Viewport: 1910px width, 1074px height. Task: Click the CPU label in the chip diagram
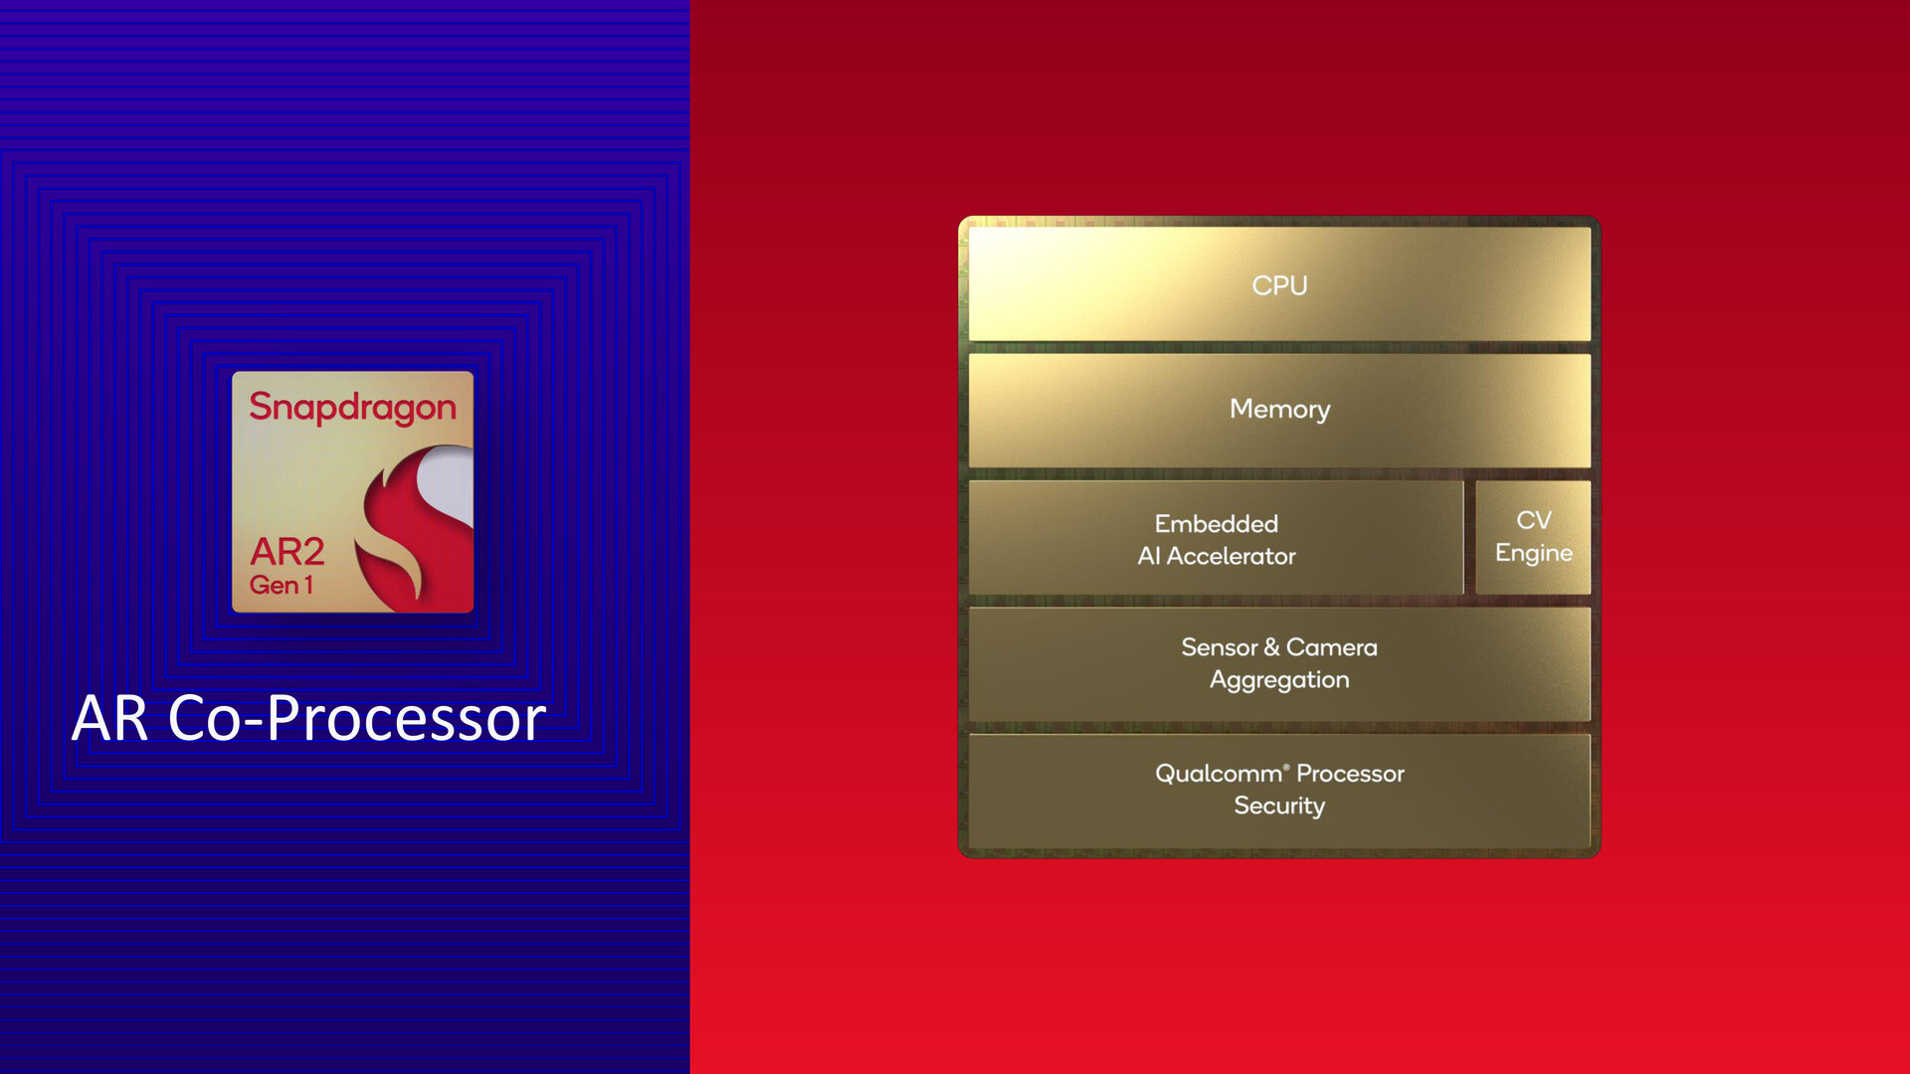[1279, 285]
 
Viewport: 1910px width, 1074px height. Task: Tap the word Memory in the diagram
[1279, 409]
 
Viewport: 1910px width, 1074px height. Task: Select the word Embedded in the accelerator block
[1216, 523]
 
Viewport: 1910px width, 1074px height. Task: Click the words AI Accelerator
[1217, 556]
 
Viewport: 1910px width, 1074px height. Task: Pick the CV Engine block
[1533, 537]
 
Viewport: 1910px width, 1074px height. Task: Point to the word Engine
[1534, 553]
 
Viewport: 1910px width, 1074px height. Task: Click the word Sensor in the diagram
[1220, 647]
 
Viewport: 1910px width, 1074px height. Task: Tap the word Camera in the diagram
[1331, 647]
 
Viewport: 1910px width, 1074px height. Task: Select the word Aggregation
[1279, 680]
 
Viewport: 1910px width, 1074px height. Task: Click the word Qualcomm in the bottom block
[1219, 774]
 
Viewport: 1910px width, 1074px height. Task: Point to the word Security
[1279, 805]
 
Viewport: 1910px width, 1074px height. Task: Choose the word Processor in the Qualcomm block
[1350, 774]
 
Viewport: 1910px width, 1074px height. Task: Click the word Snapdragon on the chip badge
[352, 408]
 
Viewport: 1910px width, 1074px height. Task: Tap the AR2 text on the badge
[287, 551]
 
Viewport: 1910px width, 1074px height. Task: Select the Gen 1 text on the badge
[282, 585]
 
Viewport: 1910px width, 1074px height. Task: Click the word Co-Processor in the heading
[357, 718]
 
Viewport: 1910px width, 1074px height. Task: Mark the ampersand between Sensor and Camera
[1271, 647]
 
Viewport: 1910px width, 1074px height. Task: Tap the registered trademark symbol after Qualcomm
[1286, 767]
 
